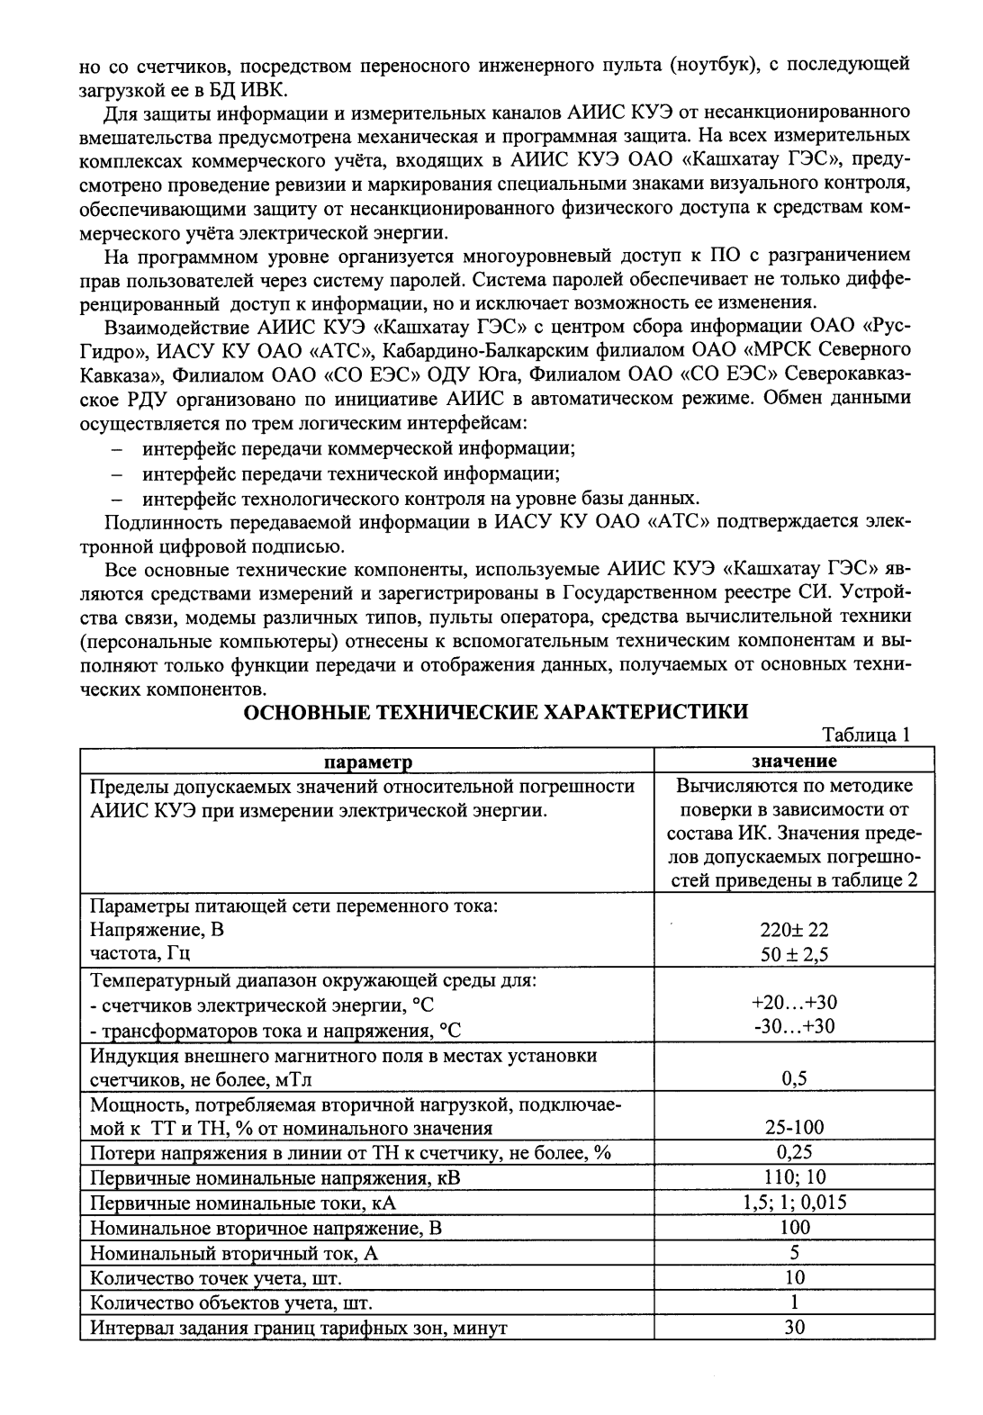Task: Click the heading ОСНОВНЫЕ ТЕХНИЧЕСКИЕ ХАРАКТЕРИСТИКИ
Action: pyautogui.click(x=497, y=712)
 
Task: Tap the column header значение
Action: pyautogui.click(x=794, y=762)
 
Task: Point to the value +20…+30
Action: pyautogui.click(x=794, y=1003)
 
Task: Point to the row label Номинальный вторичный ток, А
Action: pyautogui.click(x=233, y=1253)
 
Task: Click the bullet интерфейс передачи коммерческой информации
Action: pyautogui.click(x=358, y=447)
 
